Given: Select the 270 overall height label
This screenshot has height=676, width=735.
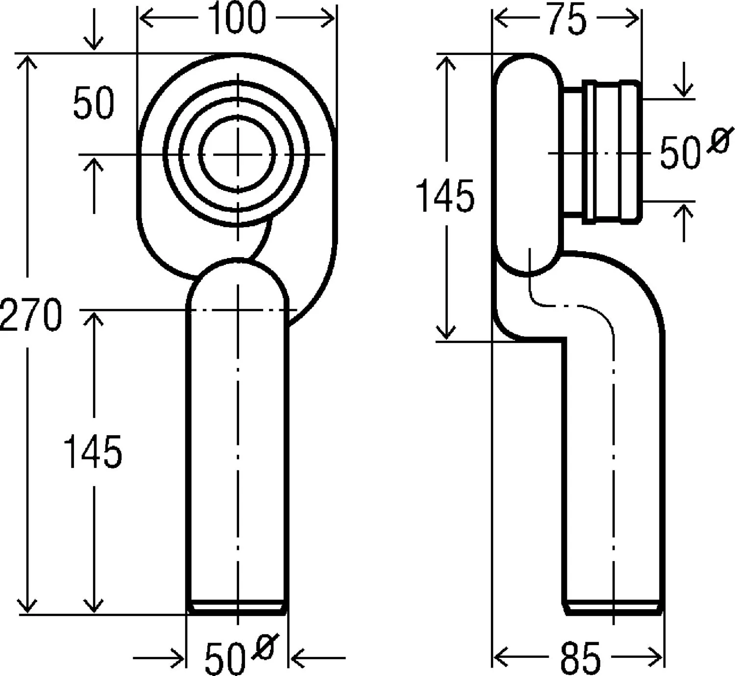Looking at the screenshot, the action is click(31, 314).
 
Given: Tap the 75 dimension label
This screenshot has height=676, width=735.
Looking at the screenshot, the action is click(567, 19).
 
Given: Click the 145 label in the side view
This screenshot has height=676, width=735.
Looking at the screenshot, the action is click(445, 196).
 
